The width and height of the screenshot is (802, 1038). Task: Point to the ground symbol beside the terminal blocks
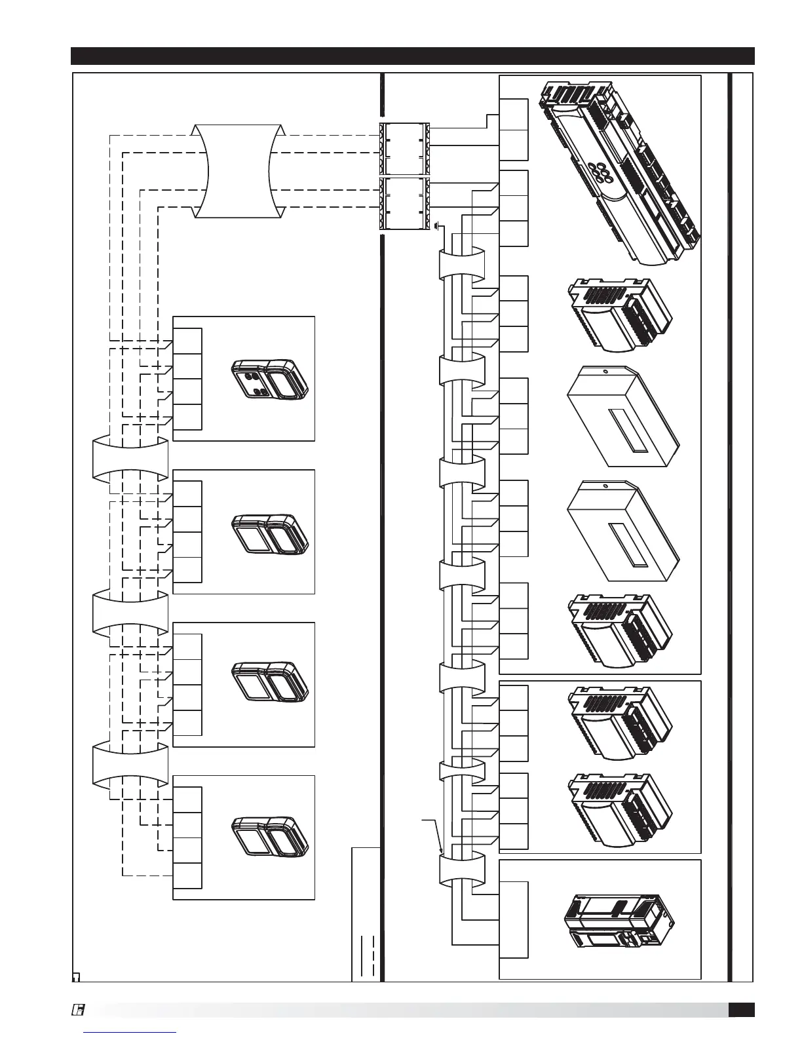point(437,227)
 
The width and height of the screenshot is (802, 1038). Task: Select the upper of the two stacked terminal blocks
point(405,148)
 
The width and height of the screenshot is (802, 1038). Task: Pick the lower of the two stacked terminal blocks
point(405,203)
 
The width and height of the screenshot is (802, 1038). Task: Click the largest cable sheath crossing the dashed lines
point(239,170)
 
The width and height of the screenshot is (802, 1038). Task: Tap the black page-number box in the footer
point(741,1010)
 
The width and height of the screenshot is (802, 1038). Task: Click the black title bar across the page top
point(413,56)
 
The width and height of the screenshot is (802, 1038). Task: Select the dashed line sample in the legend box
point(373,957)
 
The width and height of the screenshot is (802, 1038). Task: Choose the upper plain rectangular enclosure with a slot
point(622,416)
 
